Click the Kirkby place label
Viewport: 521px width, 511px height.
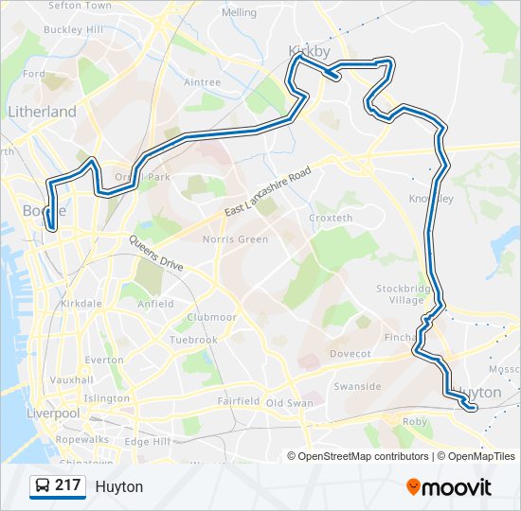pyautogui.click(x=310, y=50)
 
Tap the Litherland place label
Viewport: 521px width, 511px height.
pyautogui.click(x=42, y=112)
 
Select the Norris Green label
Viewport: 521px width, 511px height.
pyautogui.click(x=235, y=239)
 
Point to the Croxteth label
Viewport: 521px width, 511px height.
pyautogui.click(x=331, y=218)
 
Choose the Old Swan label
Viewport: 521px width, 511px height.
pyautogui.click(x=289, y=403)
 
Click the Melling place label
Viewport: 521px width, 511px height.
pyautogui.click(x=239, y=13)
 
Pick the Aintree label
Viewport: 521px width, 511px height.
pyautogui.click(x=202, y=82)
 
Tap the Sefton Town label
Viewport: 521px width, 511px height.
pyautogui.click(x=79, y=6)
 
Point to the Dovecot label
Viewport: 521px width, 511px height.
pyautogui.click(x=350, y=354)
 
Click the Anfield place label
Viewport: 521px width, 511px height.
pyautogui.click(x=155, y=304)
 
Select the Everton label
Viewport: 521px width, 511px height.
pyautogui.click(x=104, y=360)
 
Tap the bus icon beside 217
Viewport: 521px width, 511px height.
pyautogui.click(x=43, y=485)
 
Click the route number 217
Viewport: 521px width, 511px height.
pyautogui.click(x=67, y=485)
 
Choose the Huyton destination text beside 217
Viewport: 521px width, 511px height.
pyautogui.click(x=119, y=486)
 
